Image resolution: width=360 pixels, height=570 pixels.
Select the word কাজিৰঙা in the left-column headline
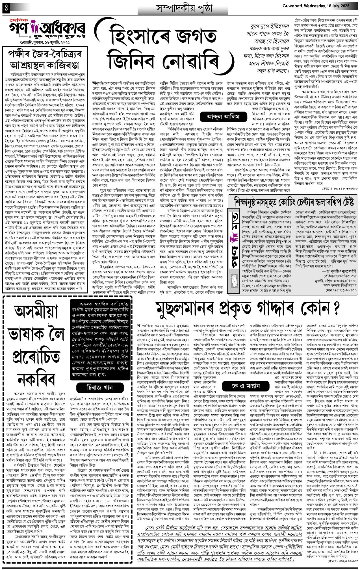tap(65, 65)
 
